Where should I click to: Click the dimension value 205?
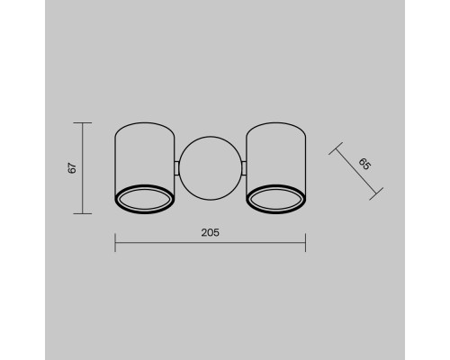coord(210,232)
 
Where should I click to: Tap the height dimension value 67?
coord(72,168)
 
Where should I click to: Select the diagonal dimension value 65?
coord(364,164)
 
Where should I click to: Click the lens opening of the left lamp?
coord(145,199)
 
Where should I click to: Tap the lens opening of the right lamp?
coord(276,199)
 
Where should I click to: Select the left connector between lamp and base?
coord(177,167)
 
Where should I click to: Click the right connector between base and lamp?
coord(244,167)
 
